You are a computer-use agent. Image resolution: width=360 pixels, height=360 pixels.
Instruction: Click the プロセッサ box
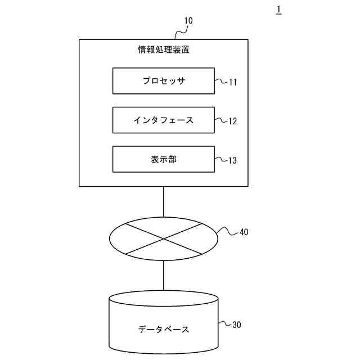pyautogui.click(x=163, y=81)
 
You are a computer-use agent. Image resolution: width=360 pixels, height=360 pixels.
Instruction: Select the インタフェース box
pyautogui.click(x=163, y=120)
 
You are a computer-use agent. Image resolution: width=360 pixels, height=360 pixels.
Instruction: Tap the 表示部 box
pyautogui.click(x=163, y=159)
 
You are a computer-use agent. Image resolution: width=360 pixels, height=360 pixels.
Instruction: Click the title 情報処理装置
pyautogui.click(x=164, y=49)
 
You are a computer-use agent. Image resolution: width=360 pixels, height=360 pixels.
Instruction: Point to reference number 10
pyautogui.click(x=188, y=21)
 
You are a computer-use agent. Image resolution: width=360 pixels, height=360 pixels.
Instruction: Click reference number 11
pyautogui.click(x=233, y=82)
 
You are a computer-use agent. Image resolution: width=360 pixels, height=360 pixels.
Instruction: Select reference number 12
pyautogui.click(x=233, y=121)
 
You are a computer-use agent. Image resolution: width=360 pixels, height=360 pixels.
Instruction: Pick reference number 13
pyautogui.click(x=233, y=160)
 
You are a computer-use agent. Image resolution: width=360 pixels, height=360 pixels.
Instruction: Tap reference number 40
pyautogui.click(x=244, y=231)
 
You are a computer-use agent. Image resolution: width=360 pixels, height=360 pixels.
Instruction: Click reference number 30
pyautogui.click(x=237, y=325)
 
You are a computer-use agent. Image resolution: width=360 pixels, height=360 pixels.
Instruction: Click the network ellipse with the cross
pyautogui.click(x=164, y=238)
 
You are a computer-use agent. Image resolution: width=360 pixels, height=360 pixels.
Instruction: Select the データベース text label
pyautogui.click(x=164, y=329)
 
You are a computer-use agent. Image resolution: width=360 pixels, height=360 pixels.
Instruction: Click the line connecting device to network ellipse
pyautogui.click(x=164, y=201)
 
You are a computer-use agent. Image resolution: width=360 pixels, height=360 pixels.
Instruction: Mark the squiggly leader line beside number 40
pyautogui.click(x=227, y=231)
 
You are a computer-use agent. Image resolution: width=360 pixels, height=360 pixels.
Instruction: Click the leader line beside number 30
pyautogui.click(x=224, y=324)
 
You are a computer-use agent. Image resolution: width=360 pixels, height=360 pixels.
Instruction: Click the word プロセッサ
pyautogui.click(x=163, y=81)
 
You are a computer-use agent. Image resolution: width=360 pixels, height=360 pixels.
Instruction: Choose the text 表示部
pyautogui.click(x=163, y=159)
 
